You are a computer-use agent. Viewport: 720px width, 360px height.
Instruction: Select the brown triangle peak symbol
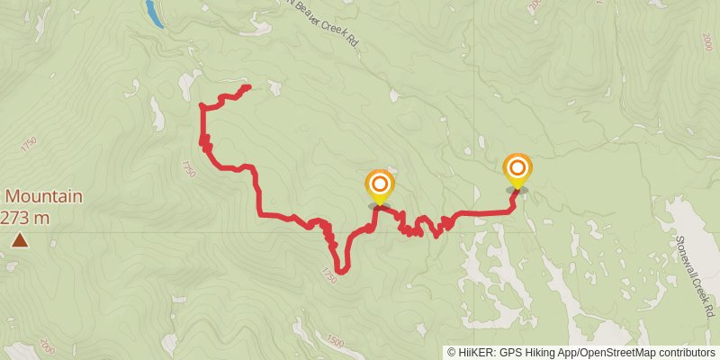[x=19, y=240]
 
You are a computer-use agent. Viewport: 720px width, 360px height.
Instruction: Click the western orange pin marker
[x=380, y=185]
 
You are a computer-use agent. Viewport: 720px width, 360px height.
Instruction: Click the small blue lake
[x=153, y=13]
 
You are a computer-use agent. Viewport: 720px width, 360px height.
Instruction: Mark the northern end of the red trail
[x=247, y=87]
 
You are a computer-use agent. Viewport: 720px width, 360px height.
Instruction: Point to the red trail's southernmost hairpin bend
[x=342, y=271]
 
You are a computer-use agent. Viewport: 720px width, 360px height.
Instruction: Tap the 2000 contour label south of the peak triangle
[x=47, y=351]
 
